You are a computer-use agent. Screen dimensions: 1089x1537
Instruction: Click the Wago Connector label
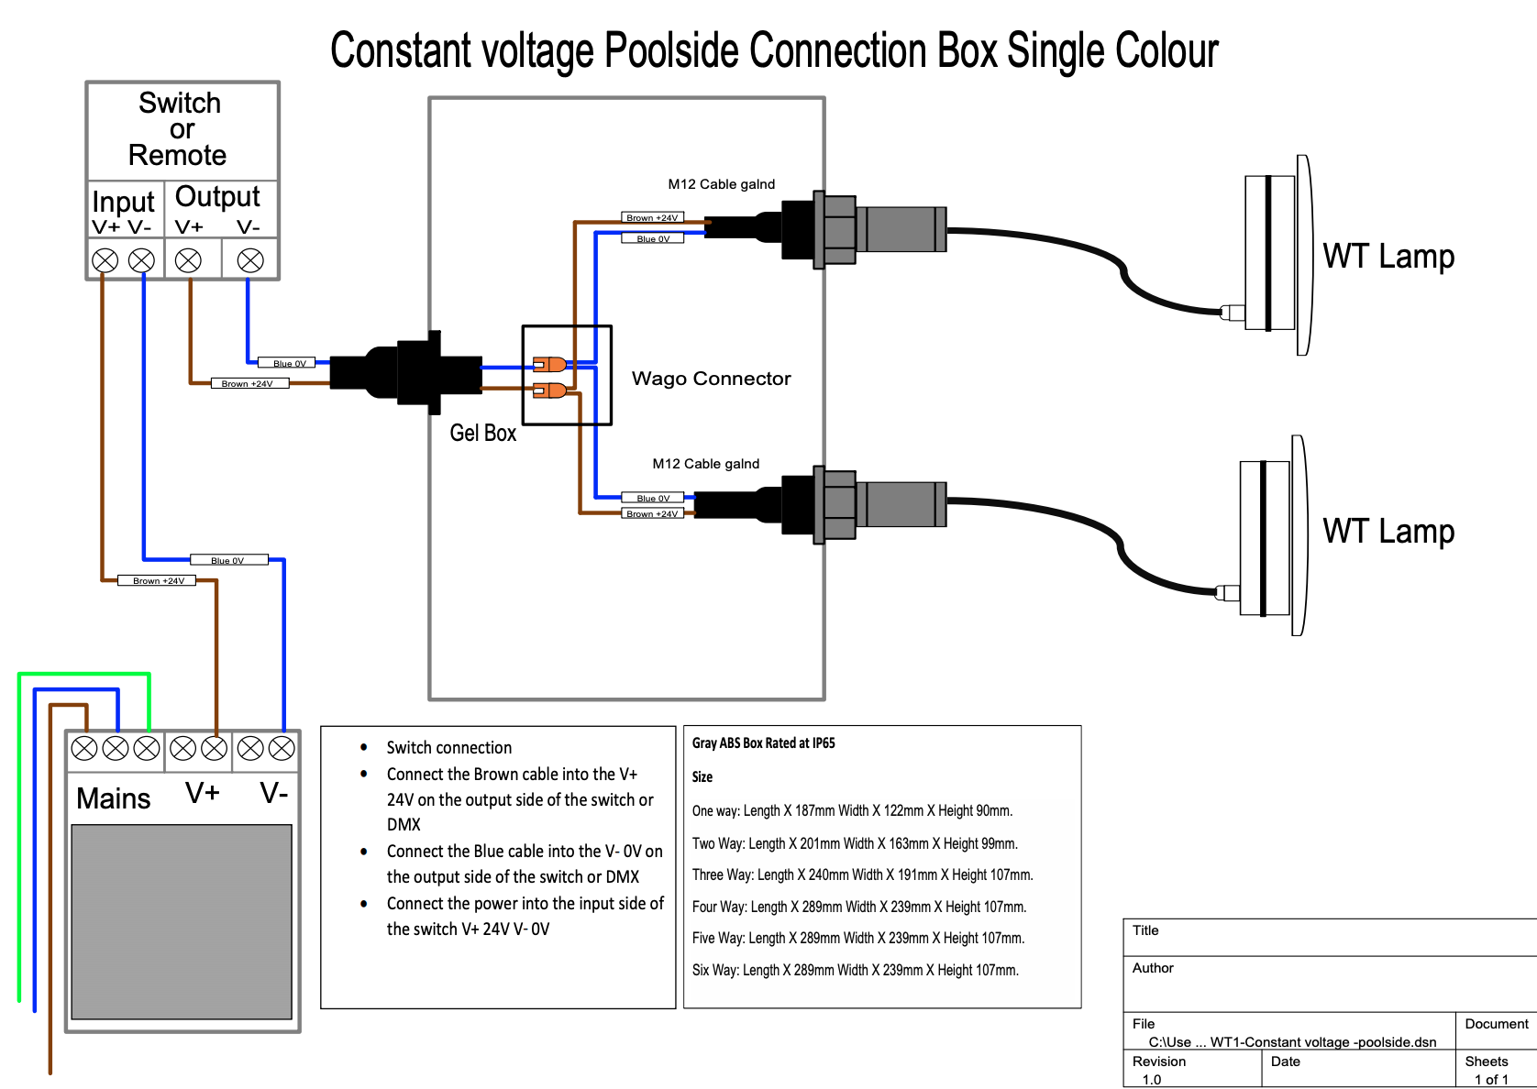coord(711,379)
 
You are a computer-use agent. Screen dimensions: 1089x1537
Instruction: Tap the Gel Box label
coord(482,433)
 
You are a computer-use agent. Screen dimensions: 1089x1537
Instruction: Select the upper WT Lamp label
coord(1388,256)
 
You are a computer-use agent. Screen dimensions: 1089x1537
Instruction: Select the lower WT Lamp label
coord(1388,531)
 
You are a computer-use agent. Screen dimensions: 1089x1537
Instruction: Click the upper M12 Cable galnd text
coord(721,184)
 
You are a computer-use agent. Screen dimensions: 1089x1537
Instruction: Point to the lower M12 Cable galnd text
coord(705,464)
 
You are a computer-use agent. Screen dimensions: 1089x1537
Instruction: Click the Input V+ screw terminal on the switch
coord(105,260)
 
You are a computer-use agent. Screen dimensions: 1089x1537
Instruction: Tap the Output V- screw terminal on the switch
coord(250,260)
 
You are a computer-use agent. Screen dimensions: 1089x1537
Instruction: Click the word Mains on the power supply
coord(113,798)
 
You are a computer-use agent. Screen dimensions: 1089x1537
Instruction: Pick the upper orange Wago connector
coord(549,364)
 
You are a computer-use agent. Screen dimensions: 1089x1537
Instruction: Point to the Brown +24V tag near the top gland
coord(652,218)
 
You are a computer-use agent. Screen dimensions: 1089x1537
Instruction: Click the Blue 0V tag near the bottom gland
coord(653,498)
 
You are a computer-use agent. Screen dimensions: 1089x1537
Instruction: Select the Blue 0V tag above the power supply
coord(228,560)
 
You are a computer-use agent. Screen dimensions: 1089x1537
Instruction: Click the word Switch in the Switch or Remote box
coord(180,103)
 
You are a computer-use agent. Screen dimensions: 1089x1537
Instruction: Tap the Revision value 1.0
coord(1152,1079)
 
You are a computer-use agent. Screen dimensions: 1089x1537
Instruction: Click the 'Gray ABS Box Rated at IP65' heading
coord(763,743)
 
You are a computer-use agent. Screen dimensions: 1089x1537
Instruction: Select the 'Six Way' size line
coord(855,970)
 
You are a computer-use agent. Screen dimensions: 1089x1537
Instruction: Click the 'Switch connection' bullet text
coord(448,748)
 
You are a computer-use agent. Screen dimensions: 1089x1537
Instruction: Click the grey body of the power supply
coord(182,921)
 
